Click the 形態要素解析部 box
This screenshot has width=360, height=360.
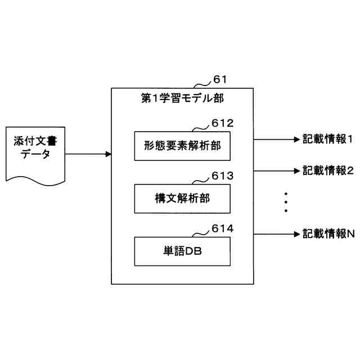point(182,146)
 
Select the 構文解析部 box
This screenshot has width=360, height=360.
point(182,198)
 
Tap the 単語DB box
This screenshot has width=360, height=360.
point(182,251)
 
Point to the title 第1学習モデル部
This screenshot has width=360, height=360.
point(182,98)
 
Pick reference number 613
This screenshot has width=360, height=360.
point(222,176)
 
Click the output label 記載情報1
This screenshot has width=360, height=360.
point(327,138)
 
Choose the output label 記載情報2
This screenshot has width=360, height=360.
point(327,170)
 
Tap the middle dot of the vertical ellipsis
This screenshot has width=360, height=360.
point(286,202)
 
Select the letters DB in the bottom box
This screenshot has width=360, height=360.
point(193,252)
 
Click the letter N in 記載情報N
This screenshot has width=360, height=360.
point(350,233)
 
